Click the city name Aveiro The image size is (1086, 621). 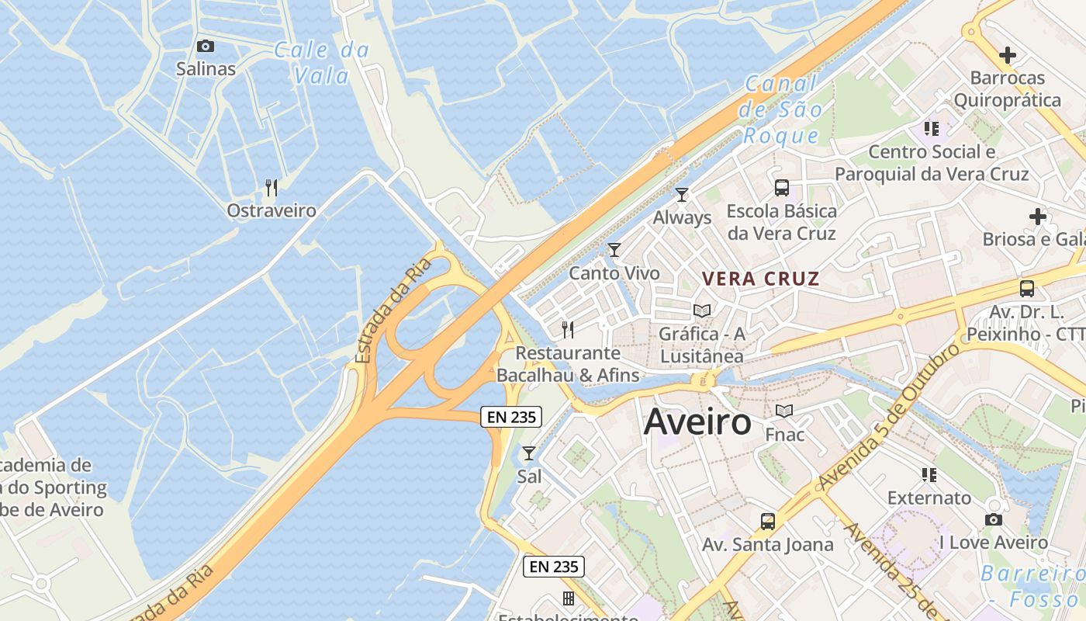[697, 422]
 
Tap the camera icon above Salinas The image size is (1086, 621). [206, 47]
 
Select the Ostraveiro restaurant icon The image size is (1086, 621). [271, 188]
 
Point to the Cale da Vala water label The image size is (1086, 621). [322, 63]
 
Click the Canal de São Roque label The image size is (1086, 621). [781, 109]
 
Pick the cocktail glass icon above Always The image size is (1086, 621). [682, 195]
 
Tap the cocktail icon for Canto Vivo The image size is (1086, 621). [614, 250]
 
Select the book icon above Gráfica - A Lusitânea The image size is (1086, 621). [702, 311]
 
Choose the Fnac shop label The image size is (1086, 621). [785, 434]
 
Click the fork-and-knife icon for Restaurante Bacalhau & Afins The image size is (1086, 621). [568, 330]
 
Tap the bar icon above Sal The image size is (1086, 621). [529, 453]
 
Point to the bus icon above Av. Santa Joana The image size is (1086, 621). [768, 522]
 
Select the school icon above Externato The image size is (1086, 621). [929, 475]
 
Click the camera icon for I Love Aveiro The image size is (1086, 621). [994, 520]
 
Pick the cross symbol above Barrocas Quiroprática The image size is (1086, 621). [1008, 55]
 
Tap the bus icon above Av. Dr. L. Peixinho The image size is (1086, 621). [1027, 289]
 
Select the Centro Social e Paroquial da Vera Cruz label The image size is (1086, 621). [932, 163]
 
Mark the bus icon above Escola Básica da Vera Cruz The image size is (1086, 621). [782, 188]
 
